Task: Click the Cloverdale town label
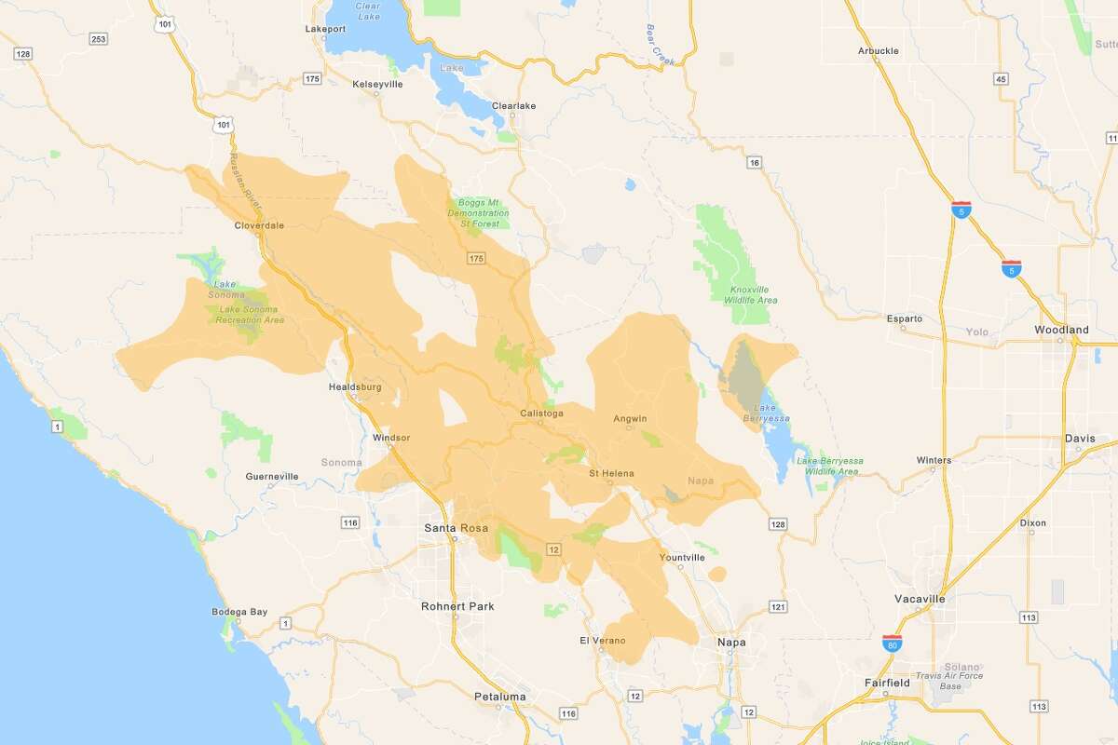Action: [260, 225]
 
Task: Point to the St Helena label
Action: [611, 473]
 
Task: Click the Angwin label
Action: [630, 418]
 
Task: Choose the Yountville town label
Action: [681, 558]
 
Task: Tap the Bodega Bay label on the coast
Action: [239, 612]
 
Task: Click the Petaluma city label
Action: [499, 696]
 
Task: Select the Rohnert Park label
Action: [458, 606]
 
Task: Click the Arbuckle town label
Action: [878, 51]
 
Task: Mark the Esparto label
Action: [904, 318]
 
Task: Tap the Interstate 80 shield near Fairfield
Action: [892, 642]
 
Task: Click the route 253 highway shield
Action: [98, 39]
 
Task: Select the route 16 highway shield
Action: [754, 163]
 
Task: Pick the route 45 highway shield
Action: [1002, 79]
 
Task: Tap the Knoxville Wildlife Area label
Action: [751, 294]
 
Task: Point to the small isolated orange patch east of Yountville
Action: [717, 574]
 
